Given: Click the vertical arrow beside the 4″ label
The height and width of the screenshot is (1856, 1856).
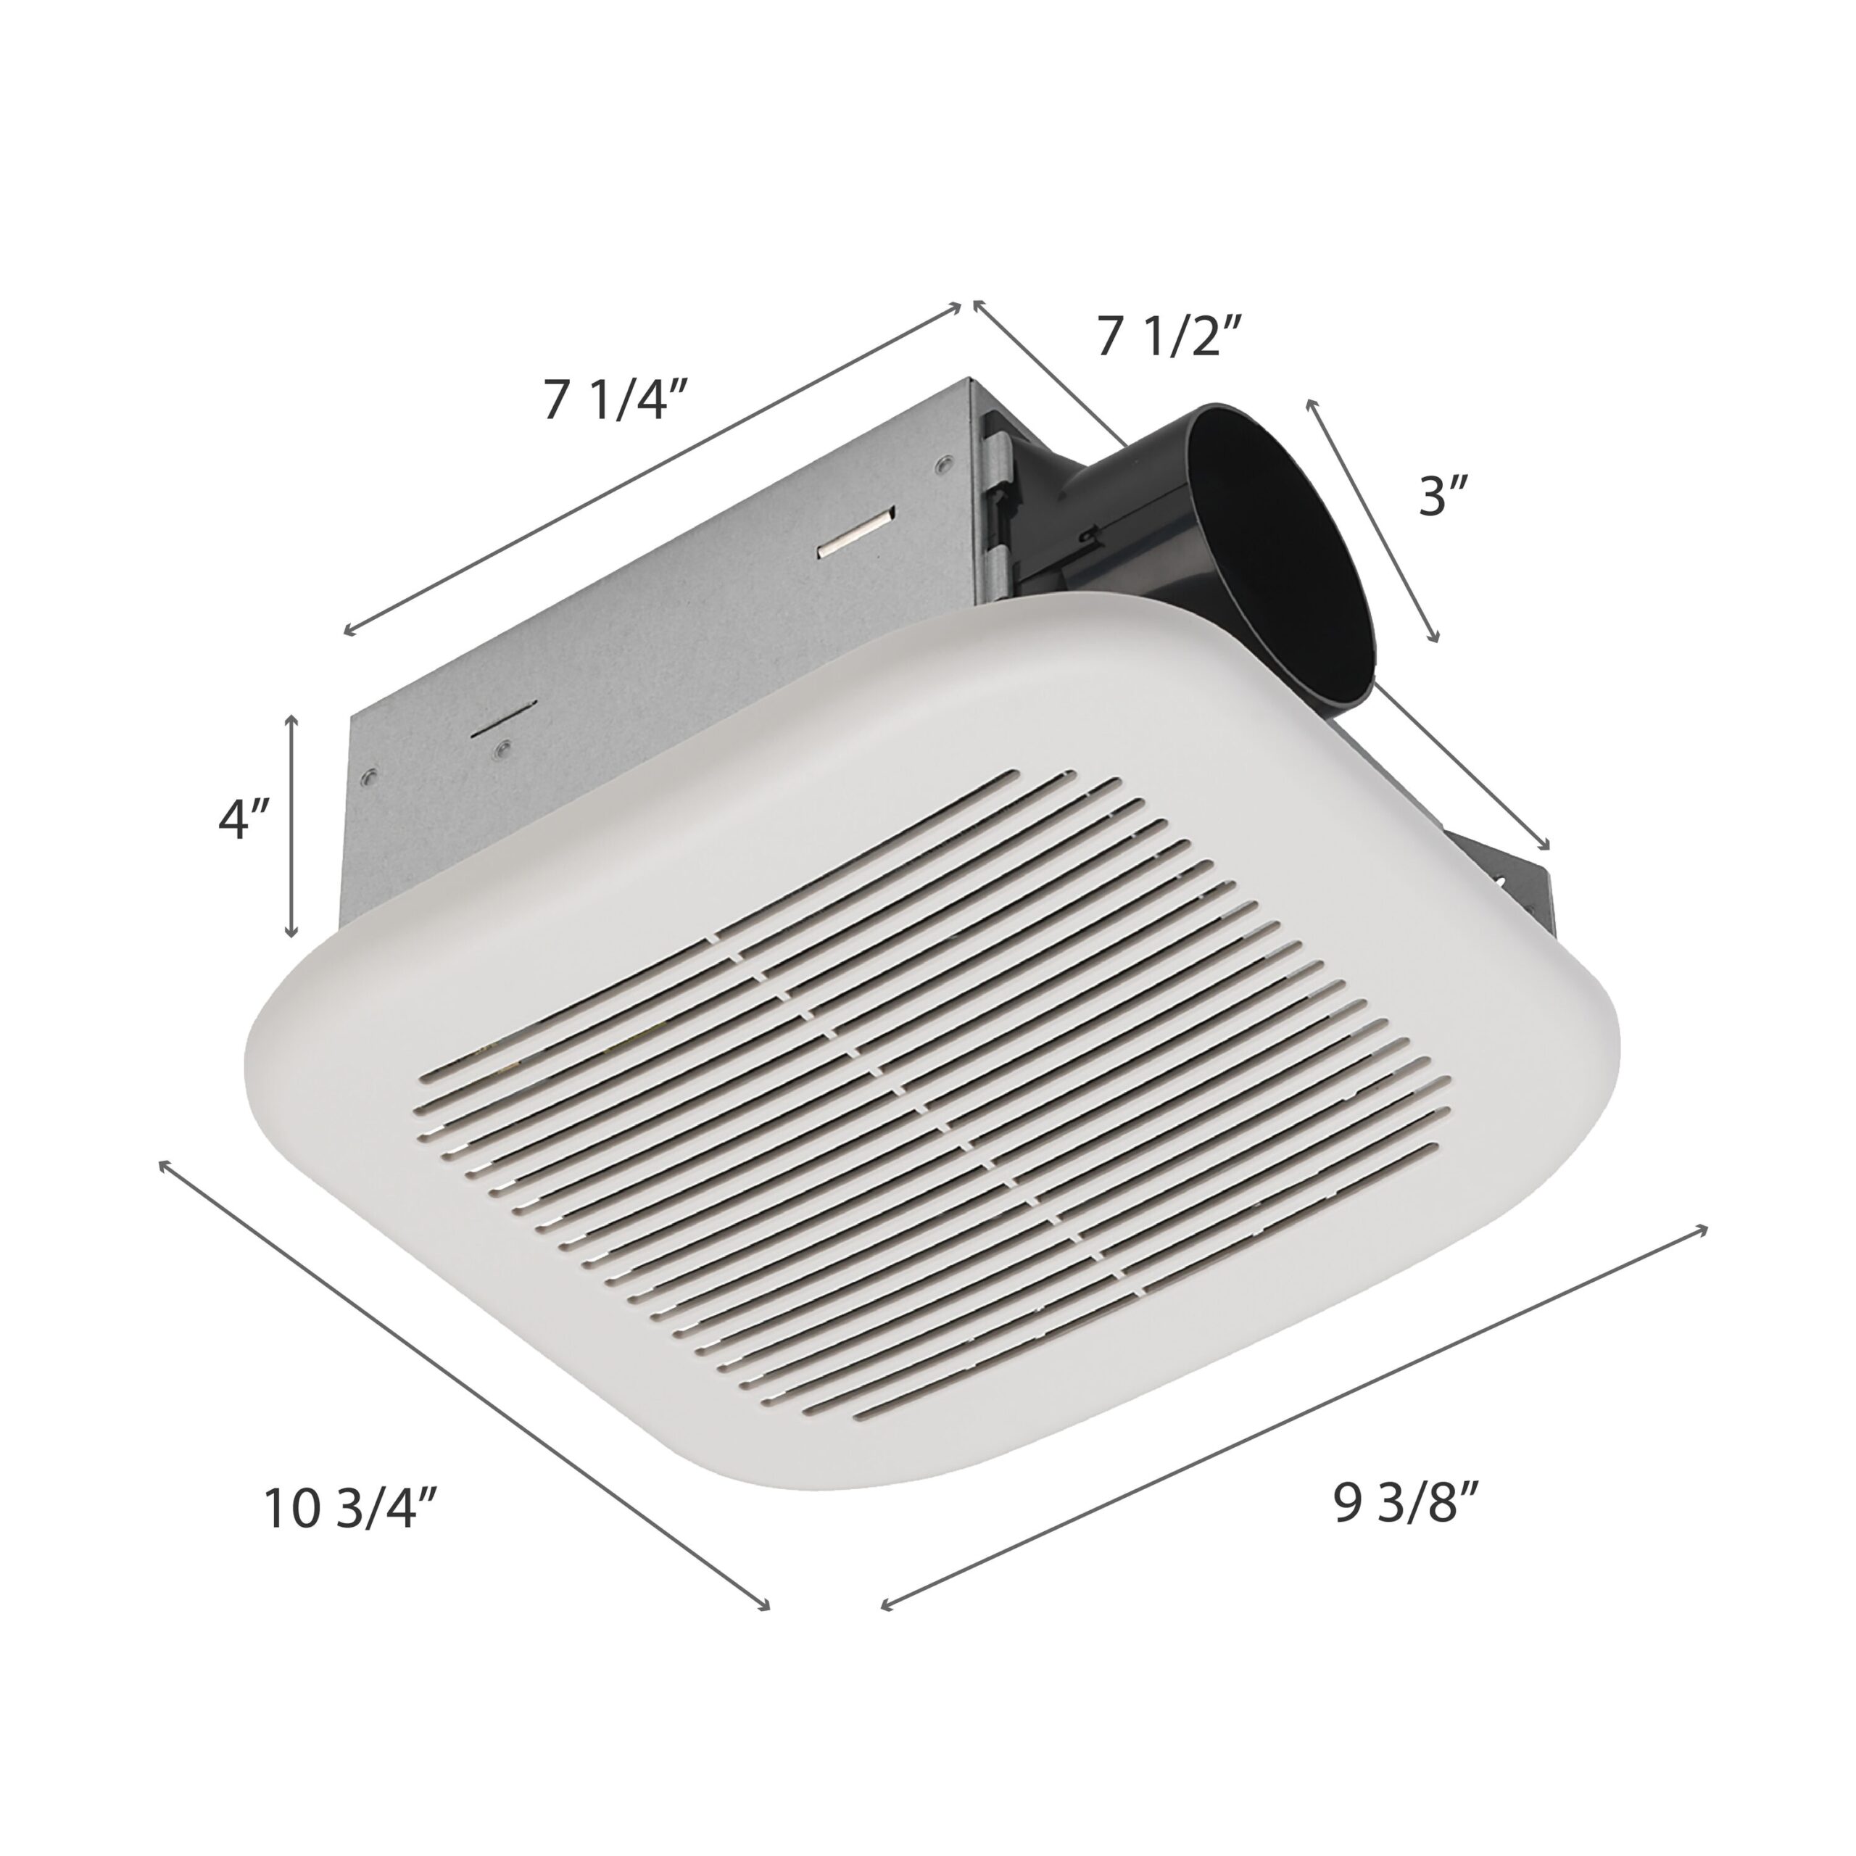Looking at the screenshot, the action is point(292,827).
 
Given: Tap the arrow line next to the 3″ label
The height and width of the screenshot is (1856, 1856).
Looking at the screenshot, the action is point(1372,521).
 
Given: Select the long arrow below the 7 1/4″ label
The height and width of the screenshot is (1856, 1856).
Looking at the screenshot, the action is point(652,468).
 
